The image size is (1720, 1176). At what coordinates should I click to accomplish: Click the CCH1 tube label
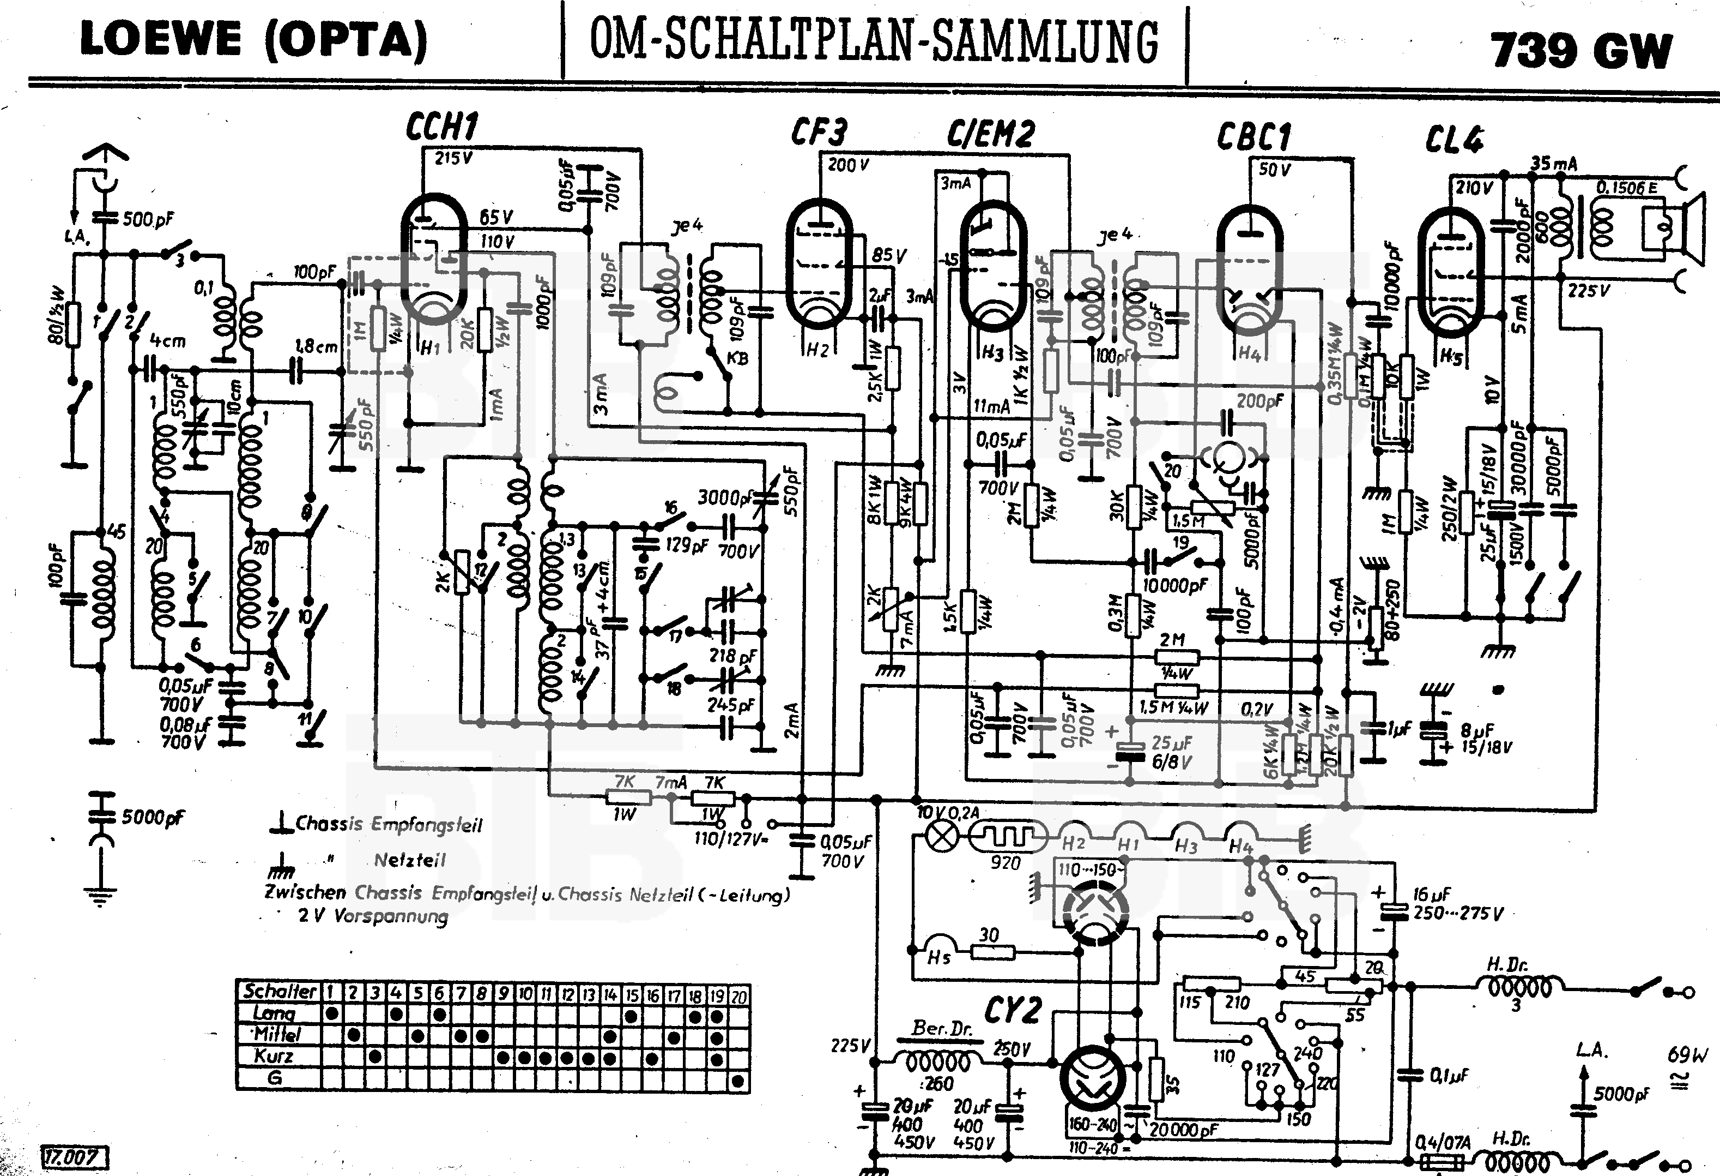click(x=442, y=128)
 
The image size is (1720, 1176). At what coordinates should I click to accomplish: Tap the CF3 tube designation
click(x=818, y=133)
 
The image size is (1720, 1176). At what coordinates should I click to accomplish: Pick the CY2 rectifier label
click(x=1013, y=1010)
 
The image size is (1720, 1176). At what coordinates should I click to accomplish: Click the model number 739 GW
click(x=1582, y=50)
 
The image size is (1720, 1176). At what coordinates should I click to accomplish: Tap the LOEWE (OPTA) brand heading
click(x=253, y=39)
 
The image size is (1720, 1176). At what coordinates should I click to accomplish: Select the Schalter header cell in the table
click(x=279, y=991)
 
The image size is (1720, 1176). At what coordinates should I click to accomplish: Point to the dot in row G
click(x=737, y=1081)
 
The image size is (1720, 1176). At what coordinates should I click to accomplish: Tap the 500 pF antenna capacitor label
click(x=148, y=219)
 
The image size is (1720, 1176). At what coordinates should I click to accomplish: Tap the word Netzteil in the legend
click(x=409, y=860)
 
